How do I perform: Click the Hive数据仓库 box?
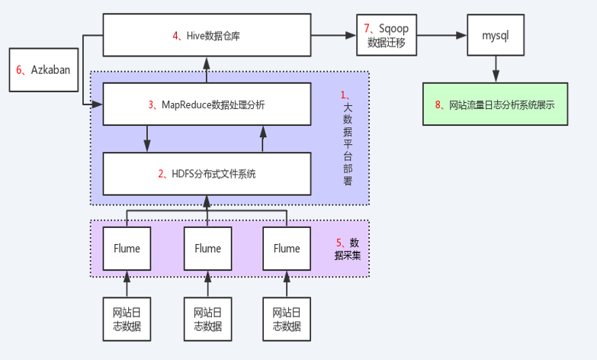[x=207, y=35]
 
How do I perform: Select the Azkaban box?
[x=43, y=69]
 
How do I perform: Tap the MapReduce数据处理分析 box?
[x=207, y=104]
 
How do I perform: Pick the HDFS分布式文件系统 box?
[x=207, y=173]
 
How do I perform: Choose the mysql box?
[x=495, y=35]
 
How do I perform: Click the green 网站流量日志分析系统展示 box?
[x=496, y=104]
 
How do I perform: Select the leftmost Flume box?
[x=127, y=249]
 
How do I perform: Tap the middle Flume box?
[x=207, y=249]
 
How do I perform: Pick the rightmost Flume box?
[x=287, y=249]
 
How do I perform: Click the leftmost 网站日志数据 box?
[x=127, y=319]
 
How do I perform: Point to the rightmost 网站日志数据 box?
[x=287, y=319]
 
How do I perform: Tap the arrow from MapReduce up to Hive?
[x=207, y=69]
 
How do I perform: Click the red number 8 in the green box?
[x=439, y=104]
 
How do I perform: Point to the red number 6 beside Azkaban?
[x=19, y=69]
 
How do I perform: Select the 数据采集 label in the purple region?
[x=351, y=249]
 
